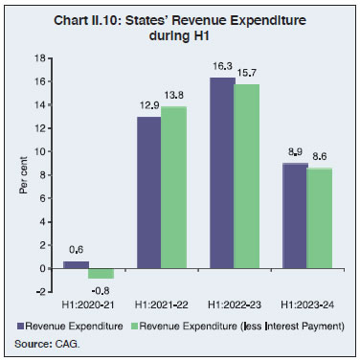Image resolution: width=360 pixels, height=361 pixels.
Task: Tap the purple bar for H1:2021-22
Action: click(147, 192)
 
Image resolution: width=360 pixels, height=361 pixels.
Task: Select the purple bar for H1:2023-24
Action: click(295, 215)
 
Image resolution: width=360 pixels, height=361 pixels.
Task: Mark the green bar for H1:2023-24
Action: click(320, 217)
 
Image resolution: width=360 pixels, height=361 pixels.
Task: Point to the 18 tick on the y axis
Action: click(40, 57)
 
